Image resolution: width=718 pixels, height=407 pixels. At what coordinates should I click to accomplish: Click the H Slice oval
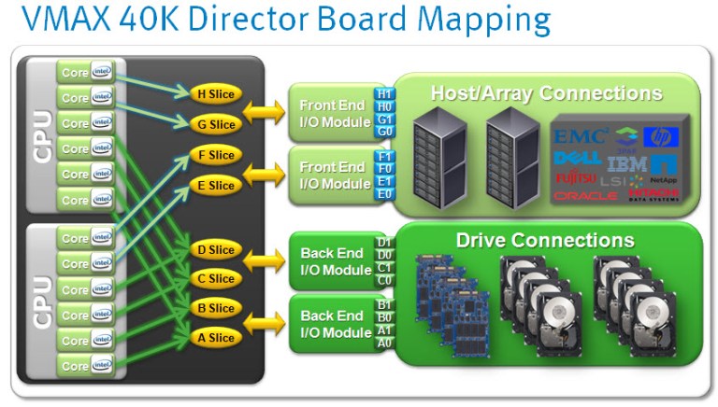tap(215, 93)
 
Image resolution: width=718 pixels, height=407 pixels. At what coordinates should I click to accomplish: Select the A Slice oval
tap(215, 338)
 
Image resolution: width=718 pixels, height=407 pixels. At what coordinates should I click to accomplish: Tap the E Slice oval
tap(215, 185)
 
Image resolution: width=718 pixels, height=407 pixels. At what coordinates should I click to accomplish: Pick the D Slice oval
tap(215, 249)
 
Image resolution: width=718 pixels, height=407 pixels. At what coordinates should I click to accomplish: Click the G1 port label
tap(384, 119)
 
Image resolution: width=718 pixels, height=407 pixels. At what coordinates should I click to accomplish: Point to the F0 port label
tap(384, 169)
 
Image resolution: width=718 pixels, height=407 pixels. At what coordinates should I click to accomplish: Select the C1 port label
tap(384, 267)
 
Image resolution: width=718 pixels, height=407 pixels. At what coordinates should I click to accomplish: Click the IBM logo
tap(625, 161)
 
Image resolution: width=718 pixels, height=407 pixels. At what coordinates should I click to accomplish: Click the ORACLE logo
tap(585, 195)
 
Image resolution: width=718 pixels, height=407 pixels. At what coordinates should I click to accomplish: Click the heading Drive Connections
tap(544, 240)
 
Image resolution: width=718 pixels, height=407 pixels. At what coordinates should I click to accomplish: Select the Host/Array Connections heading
tap(546, 93)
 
